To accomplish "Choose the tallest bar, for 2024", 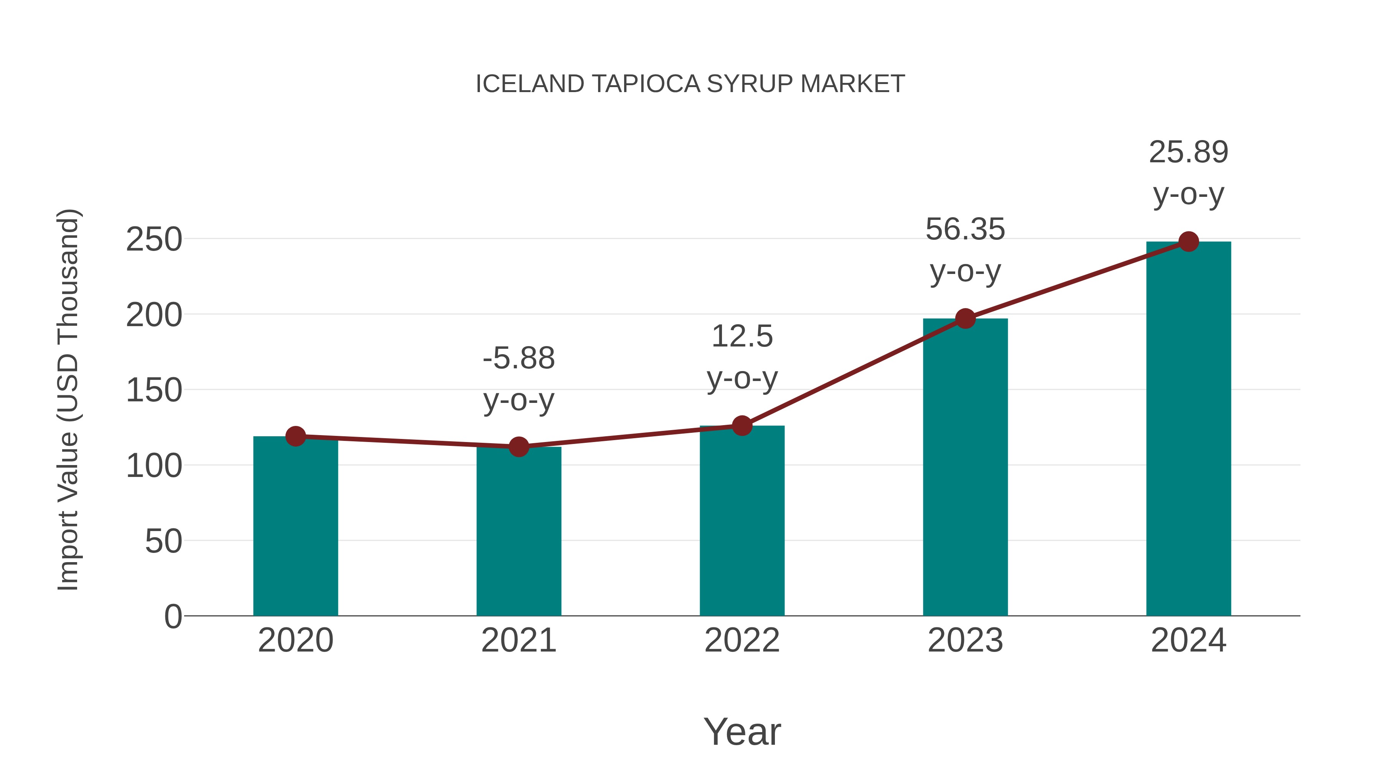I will pos(1188,429).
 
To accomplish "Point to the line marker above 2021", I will pos(518,446).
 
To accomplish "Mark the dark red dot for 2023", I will pos(965,318).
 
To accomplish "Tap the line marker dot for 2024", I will pos(1188,241).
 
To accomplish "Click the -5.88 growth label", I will pos(518,358).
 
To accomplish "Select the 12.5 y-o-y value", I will pos(742,337).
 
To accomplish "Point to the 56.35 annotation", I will pos(965,229).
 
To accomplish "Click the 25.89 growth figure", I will pos(1188,152).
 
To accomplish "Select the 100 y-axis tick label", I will pos(154,465).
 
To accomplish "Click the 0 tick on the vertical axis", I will pos(173,616).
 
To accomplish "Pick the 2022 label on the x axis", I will pos(742,640).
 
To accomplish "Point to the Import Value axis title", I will pos(68,399).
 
